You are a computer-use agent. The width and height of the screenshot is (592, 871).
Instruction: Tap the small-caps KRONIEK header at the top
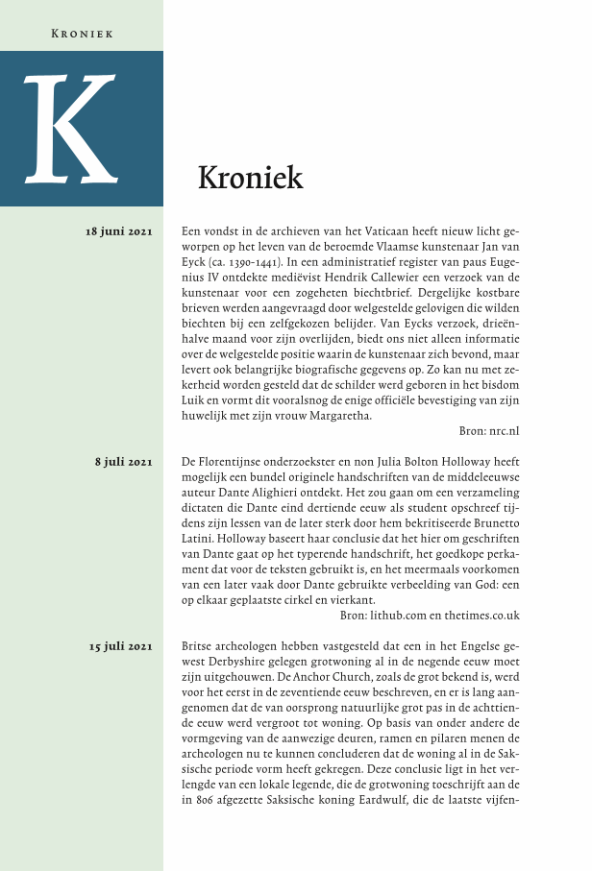click(x=82, y=34)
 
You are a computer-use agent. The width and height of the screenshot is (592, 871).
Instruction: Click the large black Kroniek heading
click(x=250, y=178)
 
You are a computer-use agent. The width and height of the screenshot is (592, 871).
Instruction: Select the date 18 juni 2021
click(x=119, y=231)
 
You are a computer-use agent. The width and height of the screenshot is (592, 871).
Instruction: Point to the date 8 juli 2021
click(x=124, y=462)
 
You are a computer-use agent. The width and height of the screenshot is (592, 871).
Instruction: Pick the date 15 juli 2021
click(x=119, y=646)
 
